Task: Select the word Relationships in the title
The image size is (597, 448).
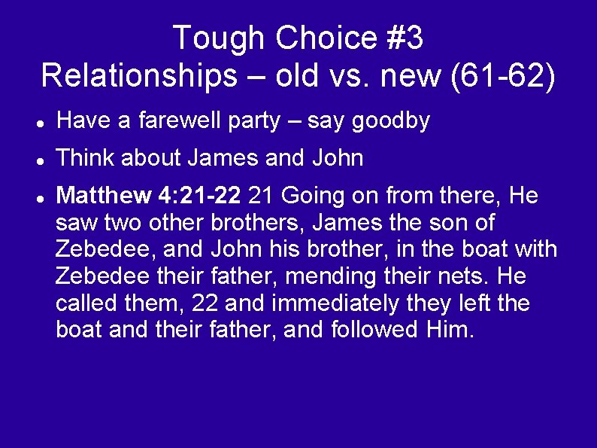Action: (138, 76)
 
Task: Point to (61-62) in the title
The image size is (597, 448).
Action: (502, 76)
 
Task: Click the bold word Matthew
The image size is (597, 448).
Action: (105, 197)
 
